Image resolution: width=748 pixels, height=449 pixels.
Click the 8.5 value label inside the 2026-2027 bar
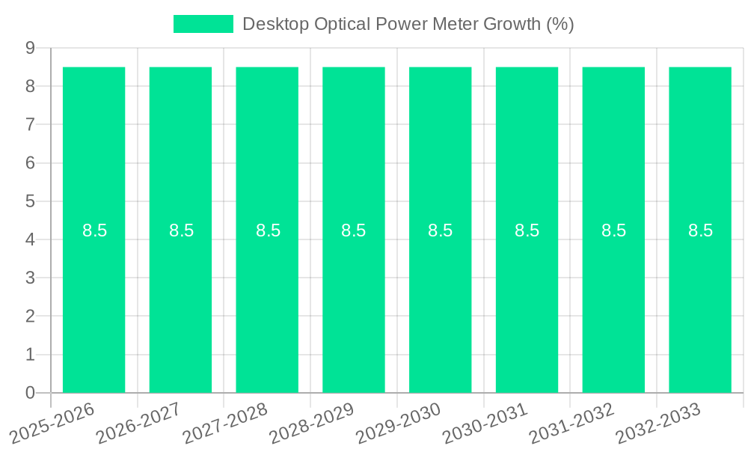click(181, 230)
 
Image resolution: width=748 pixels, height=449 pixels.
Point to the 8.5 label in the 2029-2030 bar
click(440, 230)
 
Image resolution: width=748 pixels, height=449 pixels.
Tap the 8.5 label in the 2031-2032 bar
click(613, 230)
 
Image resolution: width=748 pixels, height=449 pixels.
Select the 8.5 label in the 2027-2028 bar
click(268, 230)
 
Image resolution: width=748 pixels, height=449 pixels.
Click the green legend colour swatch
click(203, 24)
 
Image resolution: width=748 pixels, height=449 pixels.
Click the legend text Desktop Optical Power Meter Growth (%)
click(408, 24)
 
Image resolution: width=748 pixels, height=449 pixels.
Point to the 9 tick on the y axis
click(30, 48)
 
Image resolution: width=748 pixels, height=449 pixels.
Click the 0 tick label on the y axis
click(30, 393)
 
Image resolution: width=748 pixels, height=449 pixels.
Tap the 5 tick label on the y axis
click(30, 201)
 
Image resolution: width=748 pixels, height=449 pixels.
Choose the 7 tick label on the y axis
click(30, 124)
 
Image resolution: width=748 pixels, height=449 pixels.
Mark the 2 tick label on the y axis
click(30, 317)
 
